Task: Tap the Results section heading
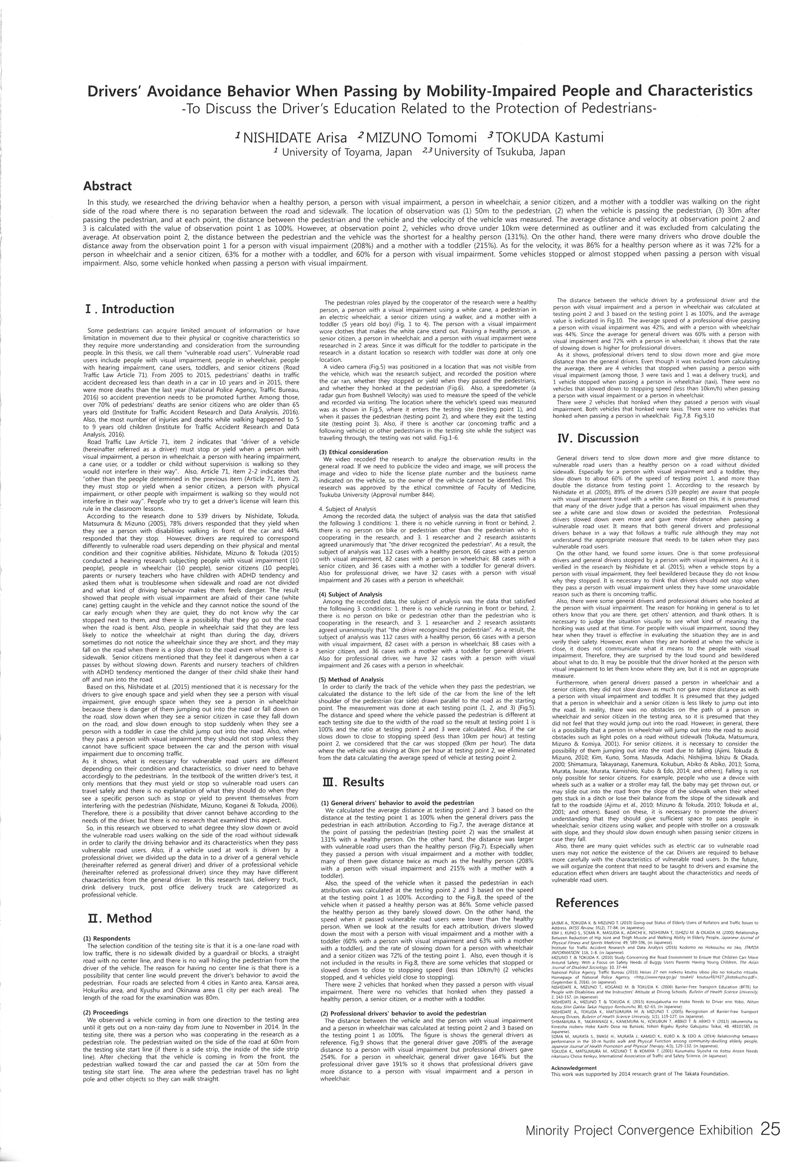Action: coord(353,782)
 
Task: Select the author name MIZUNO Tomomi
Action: coord(421,137)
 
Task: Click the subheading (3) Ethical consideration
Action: coord(354,452)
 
